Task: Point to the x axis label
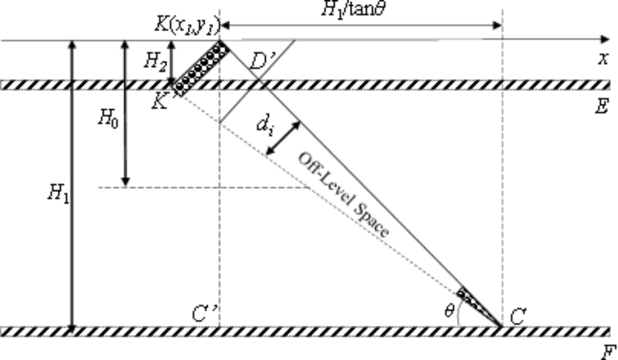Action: [x=603, y=58]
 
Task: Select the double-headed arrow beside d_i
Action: [x=283, y=138]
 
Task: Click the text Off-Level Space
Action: [x=344, y=194]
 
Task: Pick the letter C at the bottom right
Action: [x=517, y=317]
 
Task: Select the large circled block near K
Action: [x=202, y=68]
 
